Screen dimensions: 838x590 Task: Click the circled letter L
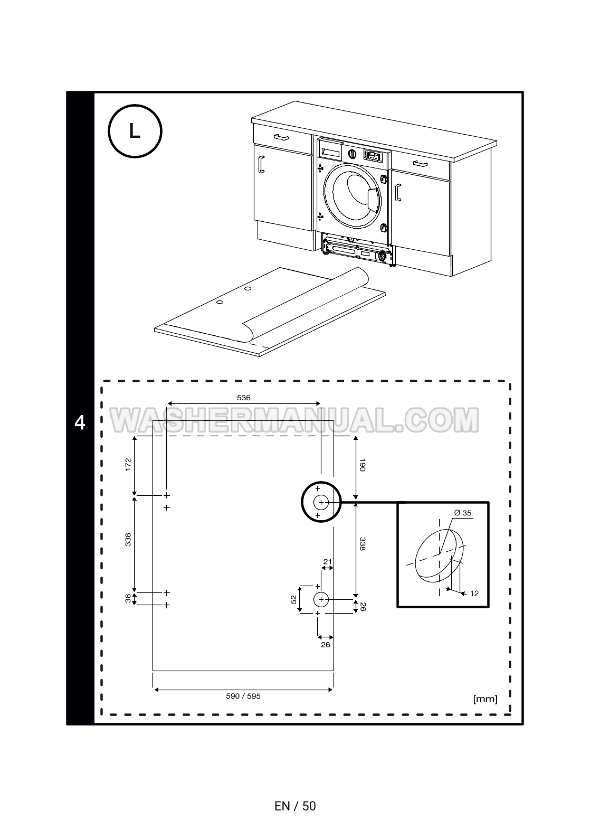(135, 131)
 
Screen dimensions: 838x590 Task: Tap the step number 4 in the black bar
(80, 423)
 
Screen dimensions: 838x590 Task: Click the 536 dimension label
(243, 398)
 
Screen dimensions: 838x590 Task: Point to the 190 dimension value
(363, 466)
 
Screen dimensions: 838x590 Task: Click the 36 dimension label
(128, 598)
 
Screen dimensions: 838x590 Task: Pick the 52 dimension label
(293, 599)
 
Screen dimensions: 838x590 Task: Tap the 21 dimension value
(327, 561)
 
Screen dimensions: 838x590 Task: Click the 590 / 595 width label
(243, 696)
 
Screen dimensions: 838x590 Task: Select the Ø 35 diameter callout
(463, 513)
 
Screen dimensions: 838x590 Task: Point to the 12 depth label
(474, 594)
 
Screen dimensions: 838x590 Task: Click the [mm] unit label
(486, 699)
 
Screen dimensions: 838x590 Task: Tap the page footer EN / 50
(295, 806)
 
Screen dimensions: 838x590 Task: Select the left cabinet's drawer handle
(281, 137)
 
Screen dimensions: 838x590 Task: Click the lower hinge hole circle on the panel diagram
(321, 599)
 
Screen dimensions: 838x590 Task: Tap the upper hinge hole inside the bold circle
(321, 502)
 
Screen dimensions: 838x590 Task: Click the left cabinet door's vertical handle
(260, 164)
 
